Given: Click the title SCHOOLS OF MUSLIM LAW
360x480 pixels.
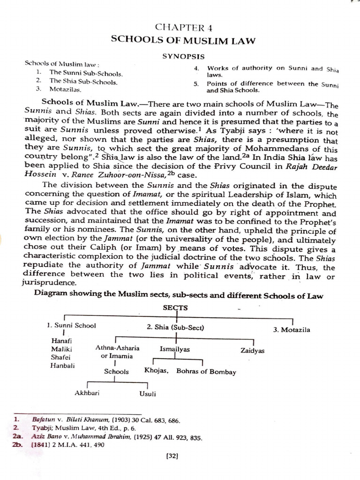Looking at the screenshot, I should (x=183, y=41).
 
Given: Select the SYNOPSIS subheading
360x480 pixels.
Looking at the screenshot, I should (x=183, y=56).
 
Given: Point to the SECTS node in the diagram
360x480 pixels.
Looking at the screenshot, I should (x=175, y=307).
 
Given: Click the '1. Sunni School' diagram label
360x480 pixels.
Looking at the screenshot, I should (x=71, y=325).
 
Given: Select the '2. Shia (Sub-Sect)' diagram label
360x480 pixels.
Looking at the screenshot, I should (x=175, y=327).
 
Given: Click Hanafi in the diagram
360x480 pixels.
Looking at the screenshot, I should (x=60, y=341).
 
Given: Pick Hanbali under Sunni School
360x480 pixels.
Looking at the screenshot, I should (x=62, y=365).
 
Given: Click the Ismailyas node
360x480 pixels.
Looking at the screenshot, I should (x=175, y=350).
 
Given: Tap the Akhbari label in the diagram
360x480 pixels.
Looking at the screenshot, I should (x=87, y=393).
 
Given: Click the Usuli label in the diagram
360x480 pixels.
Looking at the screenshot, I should (x=148, y=394).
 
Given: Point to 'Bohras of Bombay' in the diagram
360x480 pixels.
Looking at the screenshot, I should (x=206, y=372).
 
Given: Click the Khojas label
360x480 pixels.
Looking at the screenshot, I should (x=157, y=371).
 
